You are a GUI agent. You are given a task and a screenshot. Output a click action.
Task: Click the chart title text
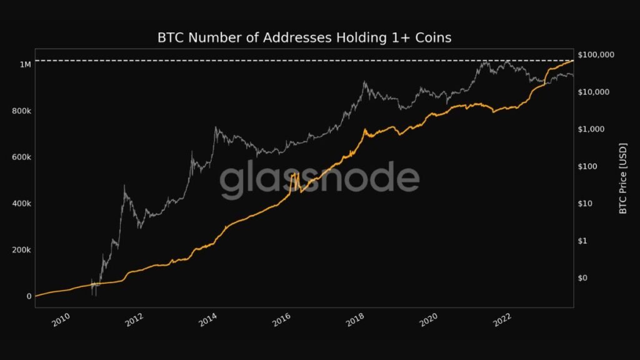pos(304,38)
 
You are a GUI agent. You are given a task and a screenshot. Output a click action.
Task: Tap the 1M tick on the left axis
pos(25,64)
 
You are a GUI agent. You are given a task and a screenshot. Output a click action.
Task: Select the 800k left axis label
pos(21,111)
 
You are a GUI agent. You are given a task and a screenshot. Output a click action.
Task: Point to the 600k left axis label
pos(21,157)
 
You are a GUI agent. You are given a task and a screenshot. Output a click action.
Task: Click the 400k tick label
pos(21,204)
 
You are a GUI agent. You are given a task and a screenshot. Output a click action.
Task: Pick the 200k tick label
pos(21,250)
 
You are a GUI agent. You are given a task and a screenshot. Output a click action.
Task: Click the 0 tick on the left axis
pos(29,296)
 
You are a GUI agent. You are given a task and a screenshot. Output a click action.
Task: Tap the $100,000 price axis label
pos(597,55)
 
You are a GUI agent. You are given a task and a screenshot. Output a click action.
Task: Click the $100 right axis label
pos(590,166)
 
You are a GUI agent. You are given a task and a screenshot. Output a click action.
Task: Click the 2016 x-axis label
pos(282,321)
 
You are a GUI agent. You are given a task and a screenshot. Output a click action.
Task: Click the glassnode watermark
pos(319,180)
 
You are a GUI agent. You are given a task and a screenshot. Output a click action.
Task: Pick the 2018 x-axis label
pos(356,321)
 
